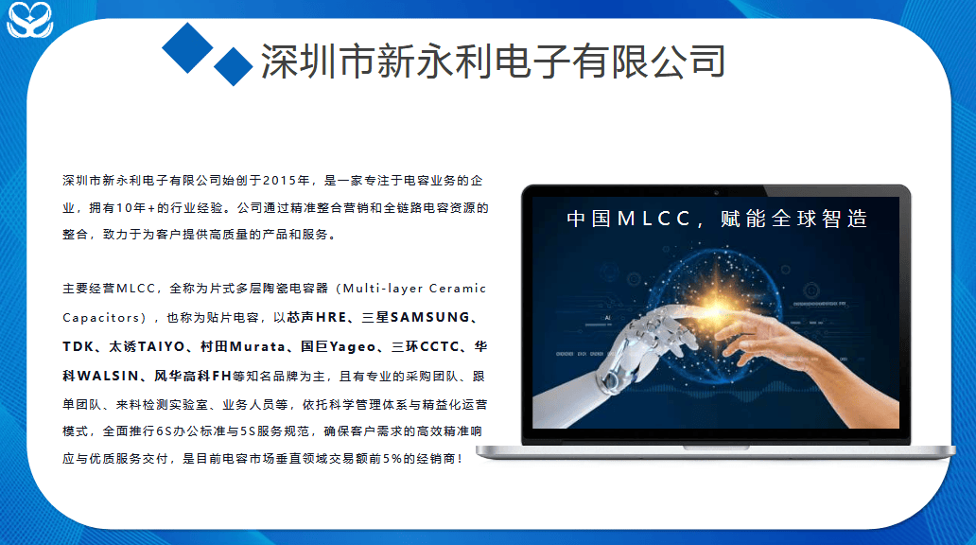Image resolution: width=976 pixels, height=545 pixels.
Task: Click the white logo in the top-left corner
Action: [x=29, y=19]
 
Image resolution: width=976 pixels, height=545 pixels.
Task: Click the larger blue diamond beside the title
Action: [x=188, y=48]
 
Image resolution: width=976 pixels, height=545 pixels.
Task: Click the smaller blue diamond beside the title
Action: [x=234, y=66]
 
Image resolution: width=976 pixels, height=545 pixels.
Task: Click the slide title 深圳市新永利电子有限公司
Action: [x=493, y=62]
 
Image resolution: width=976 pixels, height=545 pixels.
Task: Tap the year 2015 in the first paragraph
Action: [x=280, y=181]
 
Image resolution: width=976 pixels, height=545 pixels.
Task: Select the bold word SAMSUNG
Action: [x=429, y=317]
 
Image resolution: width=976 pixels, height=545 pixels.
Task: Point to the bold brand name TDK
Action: [x=78, y=346]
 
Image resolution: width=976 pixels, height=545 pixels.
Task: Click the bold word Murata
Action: [x=257, y=346]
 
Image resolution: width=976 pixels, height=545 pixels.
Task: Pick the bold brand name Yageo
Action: [x=353, y=347]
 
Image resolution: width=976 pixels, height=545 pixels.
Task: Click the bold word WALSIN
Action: [x=108, y=376]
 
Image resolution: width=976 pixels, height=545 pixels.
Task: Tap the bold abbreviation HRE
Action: [x=331, y=317]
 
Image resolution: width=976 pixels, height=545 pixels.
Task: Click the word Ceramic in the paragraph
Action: [x=458, y=289]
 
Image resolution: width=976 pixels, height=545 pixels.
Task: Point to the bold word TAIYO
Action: [x=161, y=346]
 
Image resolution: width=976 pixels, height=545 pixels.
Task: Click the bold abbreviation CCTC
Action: [x=440, y=346]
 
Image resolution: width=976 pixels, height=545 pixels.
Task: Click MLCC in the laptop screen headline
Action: [x=654, y=219]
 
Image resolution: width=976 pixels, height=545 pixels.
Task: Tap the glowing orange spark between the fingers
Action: [x=716, y=306]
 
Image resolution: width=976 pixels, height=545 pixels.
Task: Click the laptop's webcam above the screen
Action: [x=717, y=192]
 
